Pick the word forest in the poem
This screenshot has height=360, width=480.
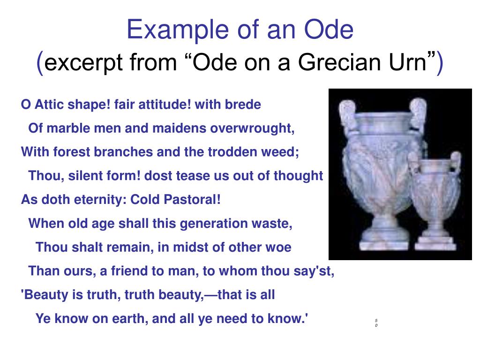pyautogui.click(x=69, y=152)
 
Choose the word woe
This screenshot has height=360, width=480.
pyautogui.click(x=279, y=247)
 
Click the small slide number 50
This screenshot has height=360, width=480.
pyautogui.click(x=376, y=323)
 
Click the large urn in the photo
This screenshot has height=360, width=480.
pyautogui.click(x=375, y=169)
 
